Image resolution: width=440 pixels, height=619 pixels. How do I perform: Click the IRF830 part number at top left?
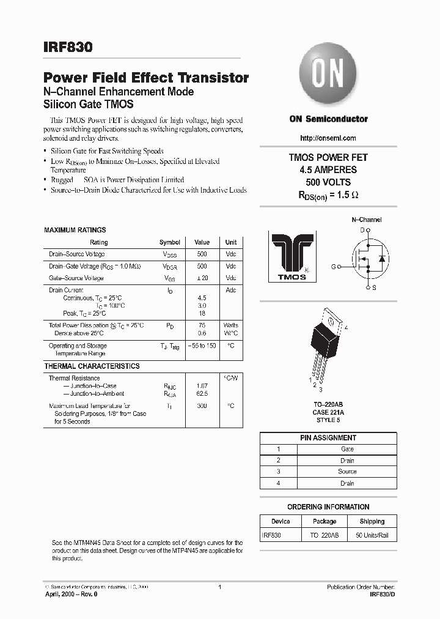point(68,46)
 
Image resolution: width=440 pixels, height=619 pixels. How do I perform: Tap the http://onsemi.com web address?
point(328,138)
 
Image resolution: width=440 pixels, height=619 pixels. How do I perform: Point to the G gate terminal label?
point(334,267)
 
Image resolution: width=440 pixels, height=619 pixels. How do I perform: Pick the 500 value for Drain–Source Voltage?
point(202,254)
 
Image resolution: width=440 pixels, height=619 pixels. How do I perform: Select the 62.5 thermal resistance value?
point(202,394)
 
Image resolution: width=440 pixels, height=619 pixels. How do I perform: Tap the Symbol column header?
point(170,242)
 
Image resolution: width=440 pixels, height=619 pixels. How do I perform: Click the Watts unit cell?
point(231,325)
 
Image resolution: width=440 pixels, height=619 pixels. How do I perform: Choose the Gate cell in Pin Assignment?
point(347,449)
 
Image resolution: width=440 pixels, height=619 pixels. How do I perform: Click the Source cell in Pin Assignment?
point(347,472)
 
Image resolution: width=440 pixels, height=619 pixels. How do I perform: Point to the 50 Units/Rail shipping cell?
point(372,535)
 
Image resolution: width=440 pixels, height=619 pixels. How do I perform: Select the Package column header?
point(324,522)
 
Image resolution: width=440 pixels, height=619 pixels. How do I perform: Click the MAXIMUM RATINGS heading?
point(75,230)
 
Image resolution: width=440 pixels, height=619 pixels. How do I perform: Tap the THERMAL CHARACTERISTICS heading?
point(92,366)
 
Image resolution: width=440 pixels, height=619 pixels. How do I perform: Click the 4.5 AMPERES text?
point(328,169)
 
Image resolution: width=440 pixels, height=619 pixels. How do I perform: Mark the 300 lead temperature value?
point(202,406)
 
